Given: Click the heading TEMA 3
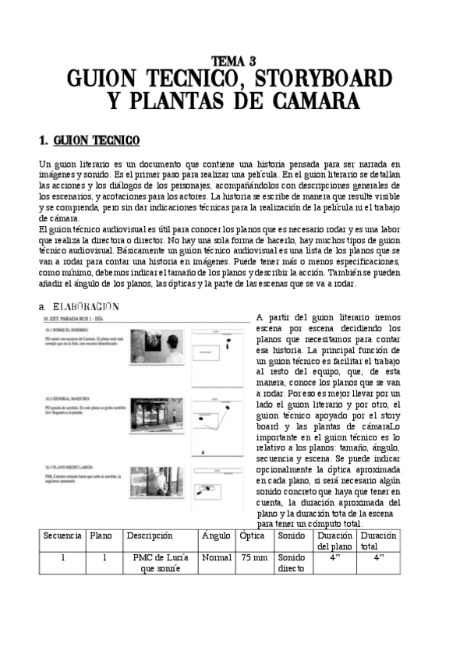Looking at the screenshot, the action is tap(233, 60).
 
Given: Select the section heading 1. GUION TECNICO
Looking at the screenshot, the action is tap(89, 140).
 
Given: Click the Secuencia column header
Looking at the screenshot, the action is tap(62, 536).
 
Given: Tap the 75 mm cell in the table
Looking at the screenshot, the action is tap(254, 558).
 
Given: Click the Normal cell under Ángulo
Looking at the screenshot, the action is tap(217, 558).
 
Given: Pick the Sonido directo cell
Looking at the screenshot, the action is tap(292, 564).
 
